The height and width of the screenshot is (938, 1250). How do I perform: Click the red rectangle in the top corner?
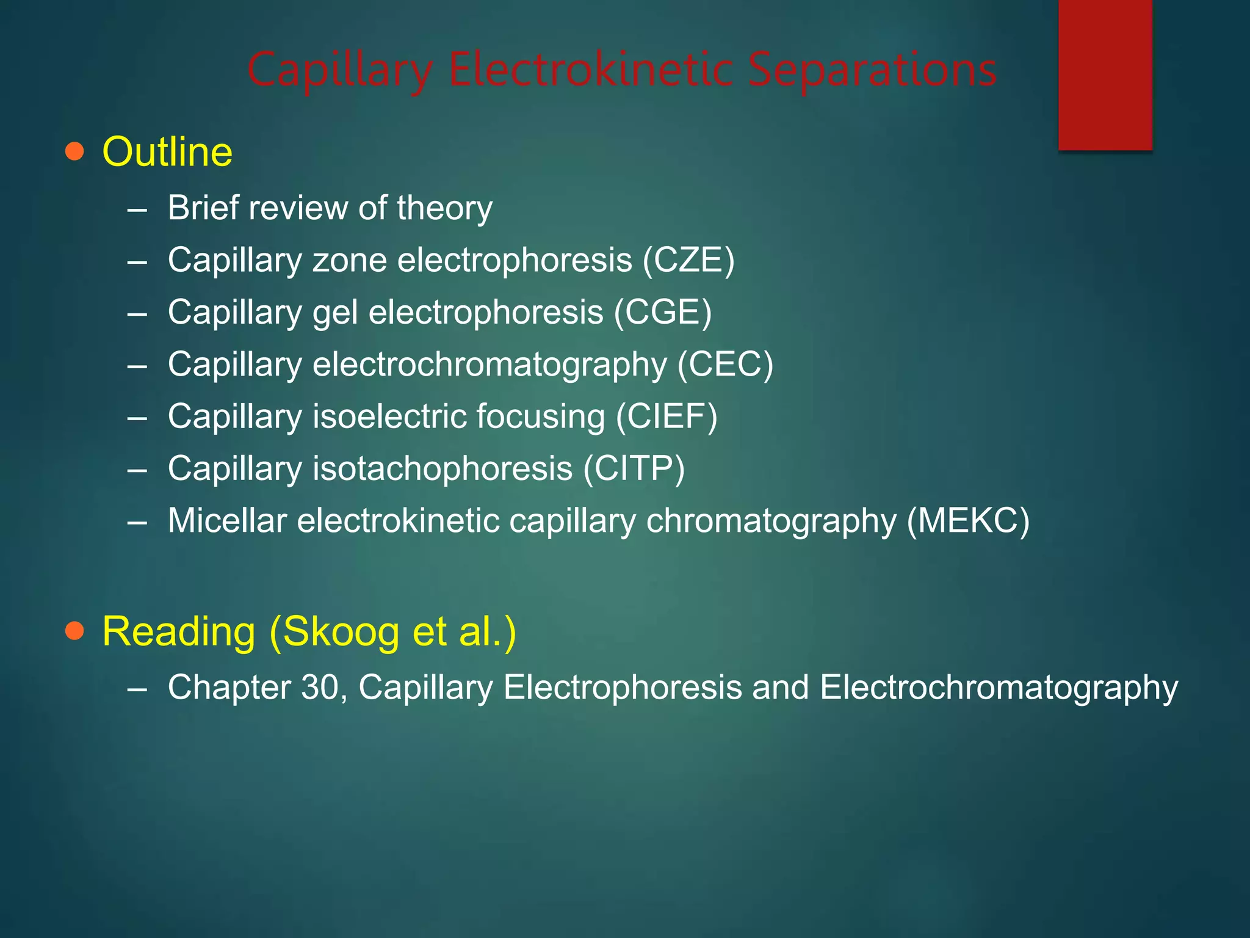(x=1105, y=75)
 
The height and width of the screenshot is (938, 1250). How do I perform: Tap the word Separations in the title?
(x=872, y=70)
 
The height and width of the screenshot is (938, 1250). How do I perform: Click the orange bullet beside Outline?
(x=74, y=151)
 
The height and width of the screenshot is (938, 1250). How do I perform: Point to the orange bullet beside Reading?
(x=74, y=631)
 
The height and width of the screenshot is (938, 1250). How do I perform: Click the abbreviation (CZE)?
(x=688, y=260)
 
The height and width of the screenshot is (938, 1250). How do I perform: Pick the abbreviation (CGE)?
(x=663, y=312)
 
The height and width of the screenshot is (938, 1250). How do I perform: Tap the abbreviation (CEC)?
(x=725, y=365)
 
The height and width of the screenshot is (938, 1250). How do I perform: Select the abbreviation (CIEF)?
(x=667, y=416)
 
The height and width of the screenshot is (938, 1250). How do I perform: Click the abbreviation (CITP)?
(x=634, y=468)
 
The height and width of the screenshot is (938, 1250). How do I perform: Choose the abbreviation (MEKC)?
(x=968, y=521)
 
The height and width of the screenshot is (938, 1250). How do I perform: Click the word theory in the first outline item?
(x=444, y=209)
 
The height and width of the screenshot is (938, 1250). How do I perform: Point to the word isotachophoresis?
(x=443, y=469)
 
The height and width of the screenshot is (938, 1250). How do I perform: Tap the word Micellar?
(x=227, y=521)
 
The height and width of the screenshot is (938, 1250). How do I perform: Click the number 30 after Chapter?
(x=323, y=687)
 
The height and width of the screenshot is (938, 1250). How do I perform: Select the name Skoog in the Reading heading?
(x=341, y=631)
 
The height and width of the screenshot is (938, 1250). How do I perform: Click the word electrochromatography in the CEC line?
(x=490, y=365)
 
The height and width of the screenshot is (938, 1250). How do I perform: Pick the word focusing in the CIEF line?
(x=541, y=417)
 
